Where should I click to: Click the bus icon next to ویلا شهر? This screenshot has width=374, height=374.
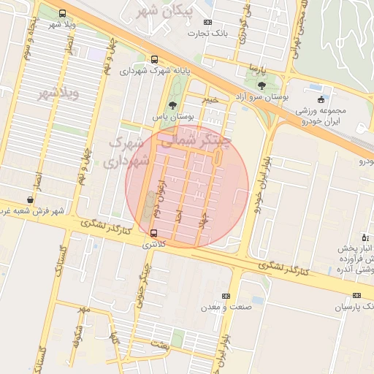click(61, 14)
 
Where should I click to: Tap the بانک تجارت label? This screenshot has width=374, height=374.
click(207, 33)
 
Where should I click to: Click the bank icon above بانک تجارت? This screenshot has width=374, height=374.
click(208, 22)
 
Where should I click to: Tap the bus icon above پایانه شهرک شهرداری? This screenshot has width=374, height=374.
click(153, 59)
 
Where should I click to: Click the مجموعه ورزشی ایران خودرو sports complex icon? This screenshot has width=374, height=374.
click(320, 99)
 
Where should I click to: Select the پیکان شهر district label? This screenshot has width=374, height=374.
click(159, 12)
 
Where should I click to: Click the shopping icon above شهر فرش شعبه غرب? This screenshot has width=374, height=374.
click(30, 199)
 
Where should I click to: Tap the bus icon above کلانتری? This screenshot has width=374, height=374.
click(153, 233)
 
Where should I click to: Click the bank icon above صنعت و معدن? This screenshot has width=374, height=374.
click(226, 296)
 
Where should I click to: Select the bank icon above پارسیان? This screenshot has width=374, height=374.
click(356, 296)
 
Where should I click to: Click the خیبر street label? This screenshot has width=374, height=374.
click(211, 99)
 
